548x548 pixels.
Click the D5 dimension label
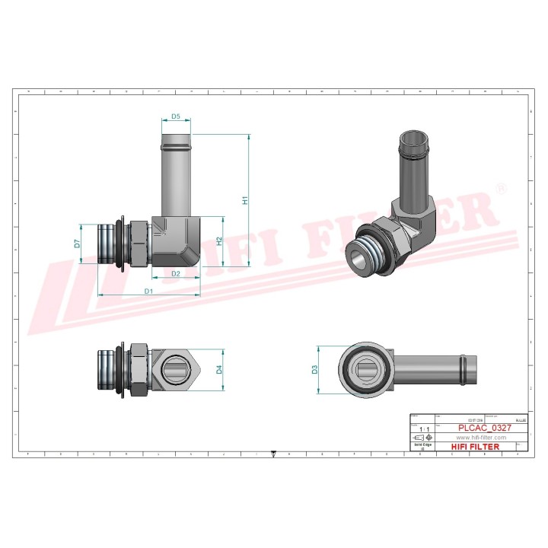point(176,116)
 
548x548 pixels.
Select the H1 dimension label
point(245,200)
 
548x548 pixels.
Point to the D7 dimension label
point(77,244)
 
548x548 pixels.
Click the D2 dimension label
point(175,273)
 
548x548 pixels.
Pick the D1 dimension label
point(149,292)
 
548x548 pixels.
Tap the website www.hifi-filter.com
point(481,438)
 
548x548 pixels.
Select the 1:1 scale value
point(423,429)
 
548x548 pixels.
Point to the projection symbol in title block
point(423,438)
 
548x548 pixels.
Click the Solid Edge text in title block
point(422,445)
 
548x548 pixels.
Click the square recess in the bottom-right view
point(368,370)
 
